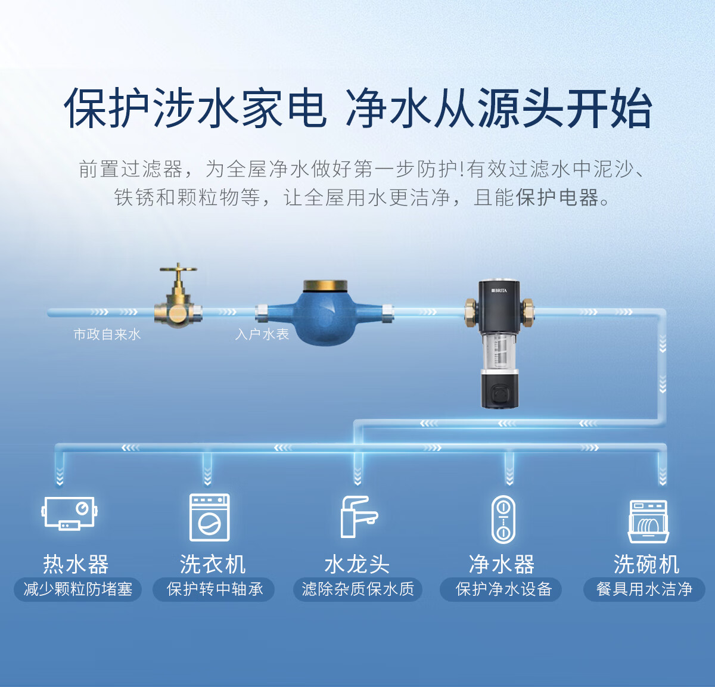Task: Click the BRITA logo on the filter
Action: click(499, 290)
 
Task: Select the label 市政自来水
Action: click(107, 334)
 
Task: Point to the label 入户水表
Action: click(262, 334)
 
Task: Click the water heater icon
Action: click(70, 513)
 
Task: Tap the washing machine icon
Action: click(209, 517)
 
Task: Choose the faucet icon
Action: click(357, 517)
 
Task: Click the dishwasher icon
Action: click(648, 521)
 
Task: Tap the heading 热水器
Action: click(76, 564)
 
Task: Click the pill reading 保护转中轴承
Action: click(214, 589)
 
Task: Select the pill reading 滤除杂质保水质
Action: click(357, 589)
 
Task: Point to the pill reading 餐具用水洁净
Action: click(644, 589)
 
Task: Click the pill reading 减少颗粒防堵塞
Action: click(77, 589)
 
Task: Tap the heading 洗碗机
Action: click(646, 564)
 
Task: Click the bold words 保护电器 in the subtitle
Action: click(557, 197)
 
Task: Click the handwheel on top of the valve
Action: click(178, 269)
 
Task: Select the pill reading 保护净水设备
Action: click(503, 589)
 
